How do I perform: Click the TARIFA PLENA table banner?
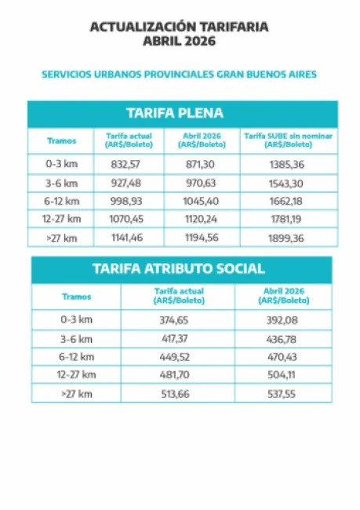(180, 113)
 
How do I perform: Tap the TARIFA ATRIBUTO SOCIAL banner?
(180, 268)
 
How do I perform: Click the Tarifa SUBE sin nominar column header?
(288, 140)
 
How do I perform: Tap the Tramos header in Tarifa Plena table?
(61, 140)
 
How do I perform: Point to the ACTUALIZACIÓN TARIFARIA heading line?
(179, 27)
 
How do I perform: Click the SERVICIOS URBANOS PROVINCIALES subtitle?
(179, 75)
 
